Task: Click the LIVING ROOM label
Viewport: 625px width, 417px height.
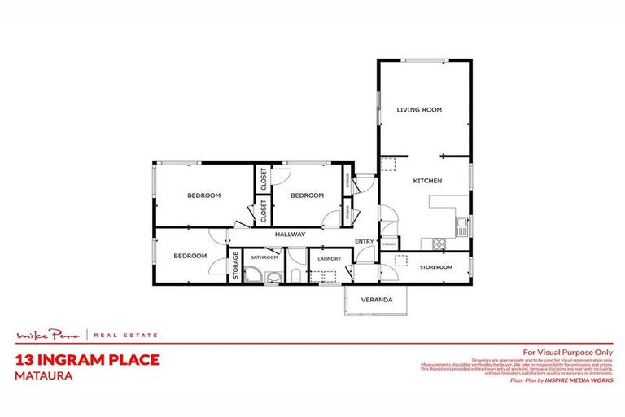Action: pos(419,109)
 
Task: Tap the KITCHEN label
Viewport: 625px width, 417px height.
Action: pos(427,180)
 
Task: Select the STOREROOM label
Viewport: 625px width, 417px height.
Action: pos(435,266)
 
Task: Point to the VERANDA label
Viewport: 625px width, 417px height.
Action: pos(377,300)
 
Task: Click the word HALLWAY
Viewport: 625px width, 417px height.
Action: pos(290,235)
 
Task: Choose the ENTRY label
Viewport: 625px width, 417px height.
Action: pos(364,241)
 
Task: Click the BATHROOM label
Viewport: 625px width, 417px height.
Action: pos(264,257)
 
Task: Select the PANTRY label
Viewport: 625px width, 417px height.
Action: pos(389,243)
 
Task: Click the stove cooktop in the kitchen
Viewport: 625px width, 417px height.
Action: pos(439,243)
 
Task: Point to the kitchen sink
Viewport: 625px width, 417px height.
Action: pos(461,222)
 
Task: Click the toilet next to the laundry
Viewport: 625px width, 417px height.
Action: pos(296,276)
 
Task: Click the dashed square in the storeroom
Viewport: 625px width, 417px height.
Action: pos(400,261)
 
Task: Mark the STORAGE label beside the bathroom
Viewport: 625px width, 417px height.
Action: pos(235,266)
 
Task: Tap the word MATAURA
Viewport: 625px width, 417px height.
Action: pos(42,377)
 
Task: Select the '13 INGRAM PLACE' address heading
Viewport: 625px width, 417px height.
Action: pos(87,360)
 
